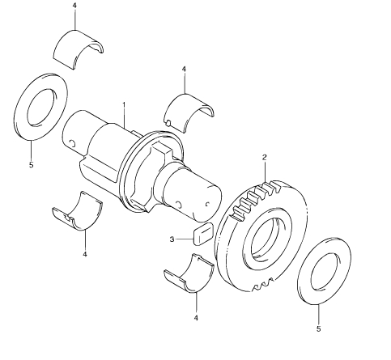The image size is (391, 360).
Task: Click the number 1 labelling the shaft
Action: pos(124,104)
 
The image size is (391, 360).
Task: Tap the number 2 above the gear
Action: pos(265,157)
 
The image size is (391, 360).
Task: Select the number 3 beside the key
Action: pos(172,239)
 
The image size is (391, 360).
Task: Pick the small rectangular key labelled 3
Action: pos(203,234)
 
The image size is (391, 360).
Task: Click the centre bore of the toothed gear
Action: pos(267,240)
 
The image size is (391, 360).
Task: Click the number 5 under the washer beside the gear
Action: pos(319,328)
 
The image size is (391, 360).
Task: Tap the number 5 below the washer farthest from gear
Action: pos(32,164)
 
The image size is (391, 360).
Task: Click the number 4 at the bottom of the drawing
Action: pos(196,318)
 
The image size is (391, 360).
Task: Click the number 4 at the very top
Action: pos(74,6)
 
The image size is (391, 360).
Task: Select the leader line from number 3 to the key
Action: pos(185,239)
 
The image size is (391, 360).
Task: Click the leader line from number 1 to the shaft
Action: pos(124,117)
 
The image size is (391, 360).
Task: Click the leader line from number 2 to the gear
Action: pos(265,172)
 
